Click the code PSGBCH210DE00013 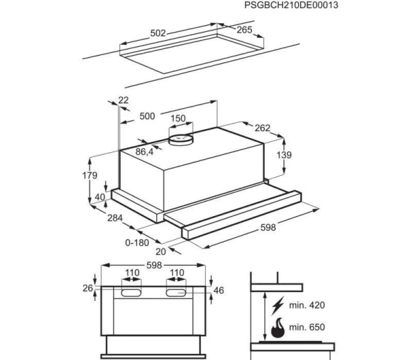pos(291,5)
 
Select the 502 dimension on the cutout pos(158,33)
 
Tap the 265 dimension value pos(244,30)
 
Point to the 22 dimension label pos(124,101)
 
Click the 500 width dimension pos(147,116)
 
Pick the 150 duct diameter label pos(178,118)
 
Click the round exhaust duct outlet pos(181,140)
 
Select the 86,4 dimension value pos(144,151)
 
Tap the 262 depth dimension pos(262,128)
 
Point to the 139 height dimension pos(284,155)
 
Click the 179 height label pos(90,176)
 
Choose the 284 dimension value pos(115,218)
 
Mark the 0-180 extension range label pos(137,242)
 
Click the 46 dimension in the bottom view pos(219,291)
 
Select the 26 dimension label pos(88,289)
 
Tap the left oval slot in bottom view pos(131,293)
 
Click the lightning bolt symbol pos(278,306)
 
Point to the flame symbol pos(278,327)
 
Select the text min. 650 pos(307,327)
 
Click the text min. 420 pos(307,305)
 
